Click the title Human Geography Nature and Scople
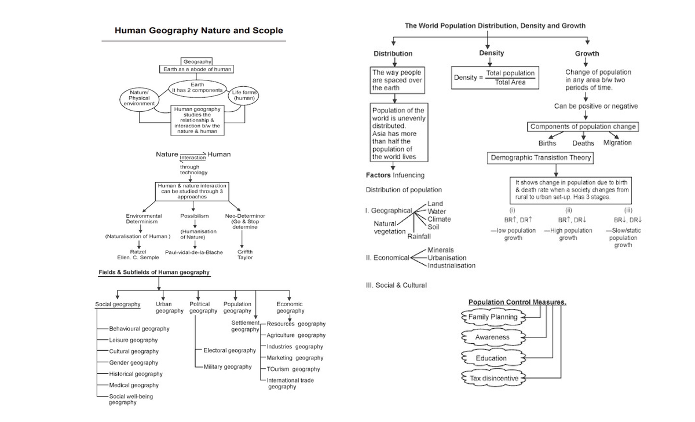[199, 31]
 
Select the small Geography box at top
[197, 61]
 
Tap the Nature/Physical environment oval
[139, 98]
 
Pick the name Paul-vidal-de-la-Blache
[193, 252]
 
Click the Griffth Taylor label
[245, 255]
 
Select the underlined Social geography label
[118, 304]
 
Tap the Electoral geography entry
[229, 350]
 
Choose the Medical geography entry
[134, 385]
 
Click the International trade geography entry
[290, 383]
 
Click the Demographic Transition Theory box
[541, 157]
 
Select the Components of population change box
[583, 126]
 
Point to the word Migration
[617, 142]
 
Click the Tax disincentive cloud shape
[493, 378]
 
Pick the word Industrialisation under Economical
[451, 265]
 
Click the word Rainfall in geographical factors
[419, 236]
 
